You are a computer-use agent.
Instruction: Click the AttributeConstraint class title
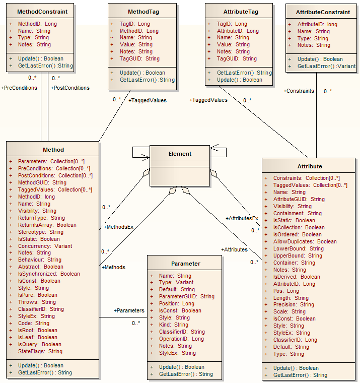click(322, 12)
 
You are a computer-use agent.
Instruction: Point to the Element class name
click(180, 154)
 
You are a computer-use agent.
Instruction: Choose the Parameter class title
click(185, 263)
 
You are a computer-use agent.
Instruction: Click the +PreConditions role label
click(19, 88)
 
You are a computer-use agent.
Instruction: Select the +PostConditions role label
click(70, 88)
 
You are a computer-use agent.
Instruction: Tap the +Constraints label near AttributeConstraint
click(299, 91)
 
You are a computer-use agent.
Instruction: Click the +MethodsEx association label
click(118, 227)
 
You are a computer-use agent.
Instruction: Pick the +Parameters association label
click(129, 310)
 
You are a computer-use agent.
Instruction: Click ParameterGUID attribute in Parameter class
click(186, 297)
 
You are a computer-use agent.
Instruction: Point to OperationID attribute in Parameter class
click(181, 339)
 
